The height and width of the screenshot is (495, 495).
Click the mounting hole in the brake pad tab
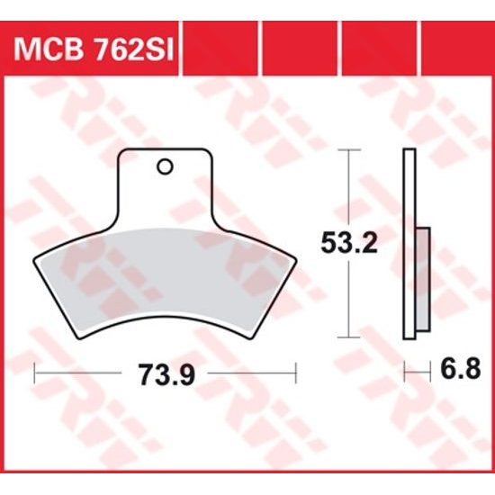pyautogui.click(x=164, y=166)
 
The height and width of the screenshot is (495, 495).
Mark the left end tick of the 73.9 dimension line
pyautogui.click(x=33, y=369)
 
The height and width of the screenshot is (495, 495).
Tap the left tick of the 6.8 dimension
pyautogui.click(x=405, y=369)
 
